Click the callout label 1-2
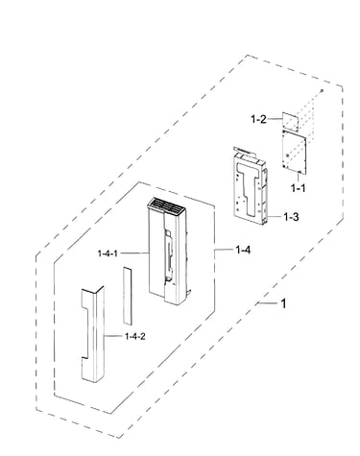point(258,119)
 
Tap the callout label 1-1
point(298,188)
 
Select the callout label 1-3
point(291,217)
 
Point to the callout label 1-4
point(243,250)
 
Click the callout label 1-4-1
point(108,253)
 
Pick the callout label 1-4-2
point(134,336)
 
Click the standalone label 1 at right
point(283,303)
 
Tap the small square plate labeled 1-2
point(290,121)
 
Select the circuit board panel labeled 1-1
point(294,152)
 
